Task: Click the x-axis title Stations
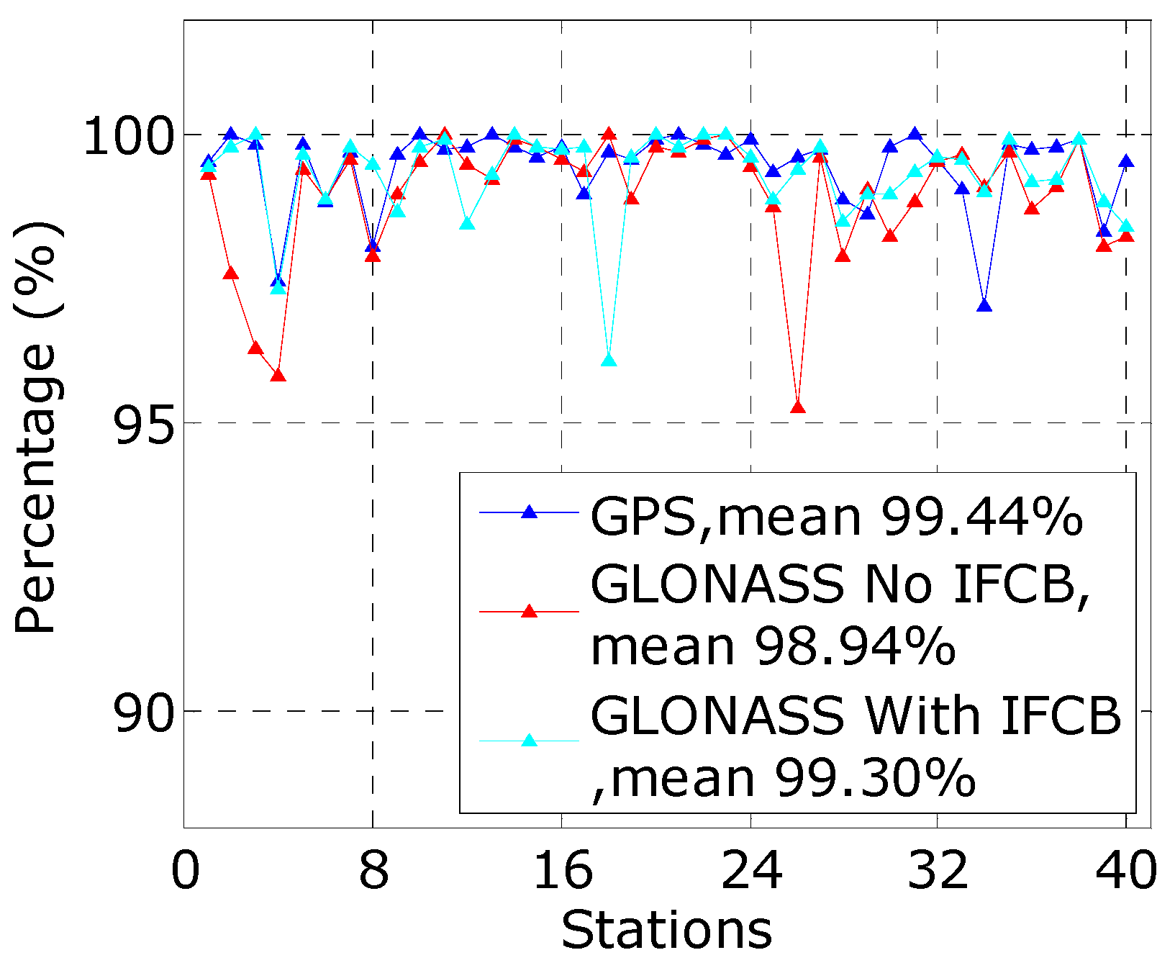666,930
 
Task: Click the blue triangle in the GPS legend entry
530,512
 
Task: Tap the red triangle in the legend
530,612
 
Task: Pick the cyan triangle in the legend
530,741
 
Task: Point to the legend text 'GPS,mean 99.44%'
836,516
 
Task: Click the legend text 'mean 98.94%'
773,645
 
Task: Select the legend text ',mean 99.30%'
783,777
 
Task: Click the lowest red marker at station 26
797,407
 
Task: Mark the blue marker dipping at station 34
985,306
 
